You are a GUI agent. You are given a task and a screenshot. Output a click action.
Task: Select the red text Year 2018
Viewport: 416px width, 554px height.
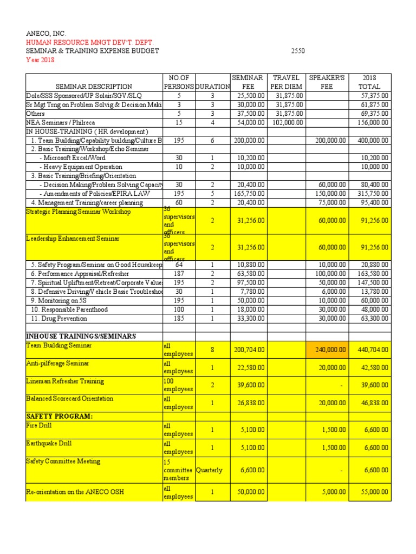tap(40, 60)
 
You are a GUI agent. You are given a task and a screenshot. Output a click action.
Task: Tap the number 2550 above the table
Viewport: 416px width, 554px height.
tap(298, 51)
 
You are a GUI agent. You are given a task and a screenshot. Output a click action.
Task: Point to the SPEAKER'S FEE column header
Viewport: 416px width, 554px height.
tap(327, 82)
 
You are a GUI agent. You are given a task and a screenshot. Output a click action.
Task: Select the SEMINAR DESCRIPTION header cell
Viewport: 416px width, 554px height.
tap(94, 86)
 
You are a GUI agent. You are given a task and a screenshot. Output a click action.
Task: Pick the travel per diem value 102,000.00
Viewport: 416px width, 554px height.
tap(286, 123)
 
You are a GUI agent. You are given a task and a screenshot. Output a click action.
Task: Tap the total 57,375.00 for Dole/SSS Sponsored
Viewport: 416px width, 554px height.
tap(373, 96)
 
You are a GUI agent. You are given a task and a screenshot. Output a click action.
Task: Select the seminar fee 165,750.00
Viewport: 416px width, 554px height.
tap(250, 194)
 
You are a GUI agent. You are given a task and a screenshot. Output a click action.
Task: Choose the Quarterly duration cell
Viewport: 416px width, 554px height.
tap(209, 470)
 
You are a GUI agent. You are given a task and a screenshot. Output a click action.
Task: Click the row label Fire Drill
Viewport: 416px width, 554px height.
tap(38, 426)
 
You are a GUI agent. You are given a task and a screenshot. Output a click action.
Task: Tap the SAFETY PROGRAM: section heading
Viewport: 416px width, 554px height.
tap(59, 416)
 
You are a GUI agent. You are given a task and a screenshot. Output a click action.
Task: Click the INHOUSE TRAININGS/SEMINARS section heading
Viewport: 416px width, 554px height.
tap(81, 336)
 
